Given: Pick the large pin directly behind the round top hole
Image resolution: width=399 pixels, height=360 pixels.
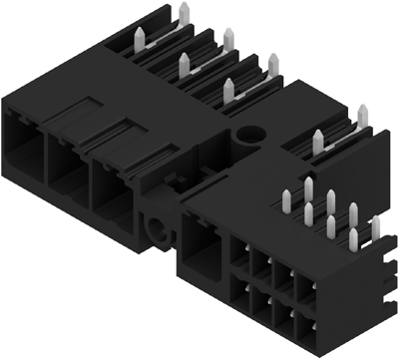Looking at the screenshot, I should click(230, 88).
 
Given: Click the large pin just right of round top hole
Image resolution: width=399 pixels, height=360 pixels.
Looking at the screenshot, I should click(272, 68).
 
